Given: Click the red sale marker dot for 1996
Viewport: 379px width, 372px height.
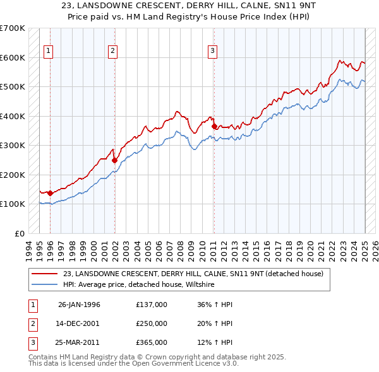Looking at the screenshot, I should coord(50,193).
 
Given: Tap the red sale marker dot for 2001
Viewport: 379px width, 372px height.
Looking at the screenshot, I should coord(114,160).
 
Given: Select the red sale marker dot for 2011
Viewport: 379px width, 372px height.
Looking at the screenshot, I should coord(214,127).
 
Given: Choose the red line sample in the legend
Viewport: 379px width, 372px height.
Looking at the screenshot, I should coord(45,274).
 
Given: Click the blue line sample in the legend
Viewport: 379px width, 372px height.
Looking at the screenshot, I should coord(45,284).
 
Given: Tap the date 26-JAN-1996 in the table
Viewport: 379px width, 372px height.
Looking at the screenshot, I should coord(79,305).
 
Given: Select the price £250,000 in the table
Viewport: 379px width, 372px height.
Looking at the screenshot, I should coord(152,323).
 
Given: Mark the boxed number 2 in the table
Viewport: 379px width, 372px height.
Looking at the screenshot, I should coord(32,323).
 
